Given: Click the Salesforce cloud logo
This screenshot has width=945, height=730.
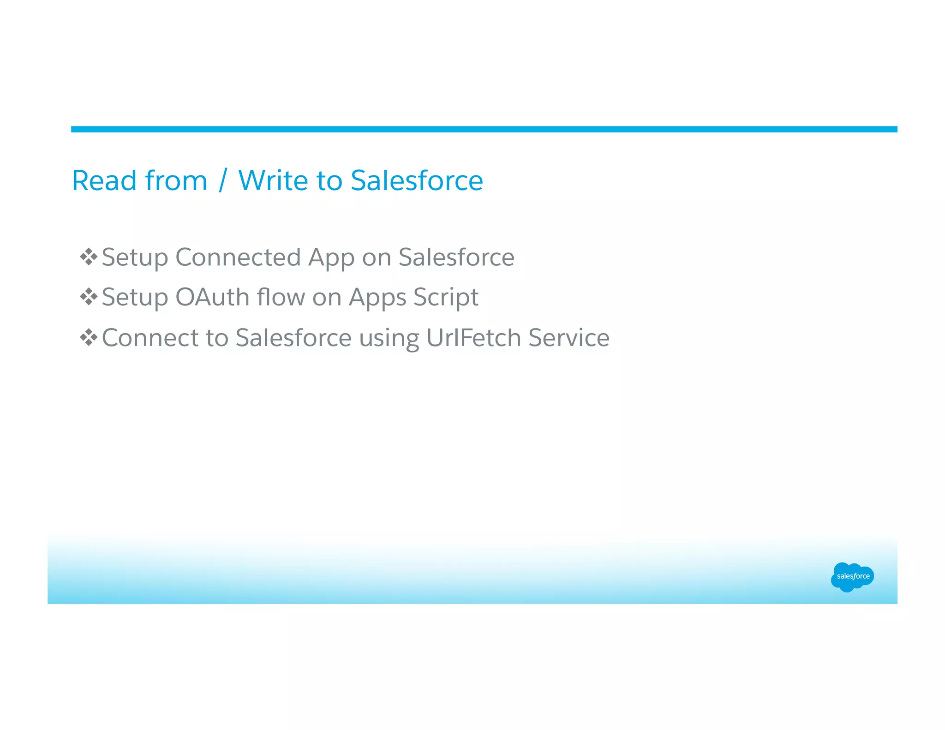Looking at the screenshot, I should [852, 576].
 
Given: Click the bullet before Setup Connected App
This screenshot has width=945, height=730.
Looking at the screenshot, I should [88, 257].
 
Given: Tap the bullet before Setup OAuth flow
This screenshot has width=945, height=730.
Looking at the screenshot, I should [88, 297].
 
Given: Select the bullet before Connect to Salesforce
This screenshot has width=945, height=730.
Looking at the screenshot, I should [88, 337].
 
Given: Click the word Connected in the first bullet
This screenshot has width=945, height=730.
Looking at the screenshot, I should [238, 257].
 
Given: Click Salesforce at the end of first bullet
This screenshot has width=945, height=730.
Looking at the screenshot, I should [456, 257].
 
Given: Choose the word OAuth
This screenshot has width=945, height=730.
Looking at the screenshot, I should [212, 297].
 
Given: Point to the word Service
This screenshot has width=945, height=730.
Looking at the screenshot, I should [568, 337].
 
